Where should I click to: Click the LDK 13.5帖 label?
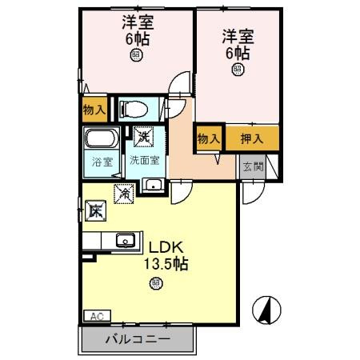pos(165,254)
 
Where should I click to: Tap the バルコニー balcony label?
pos(137,339)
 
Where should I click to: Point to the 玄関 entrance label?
pos(250,166)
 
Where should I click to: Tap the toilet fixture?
pos(131,108)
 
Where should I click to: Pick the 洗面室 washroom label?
pos(146,160)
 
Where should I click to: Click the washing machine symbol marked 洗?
pos(144,137)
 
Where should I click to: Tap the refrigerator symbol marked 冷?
pos(124,191)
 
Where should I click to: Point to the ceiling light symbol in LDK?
pos(155,282)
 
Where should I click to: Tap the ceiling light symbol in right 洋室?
pos(237,70)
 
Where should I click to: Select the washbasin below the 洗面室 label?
pos(153,186)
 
